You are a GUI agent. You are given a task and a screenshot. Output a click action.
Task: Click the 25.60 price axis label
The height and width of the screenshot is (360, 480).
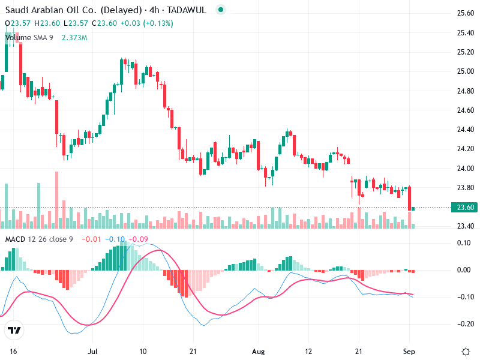pyautogui.click(x=466, y=13)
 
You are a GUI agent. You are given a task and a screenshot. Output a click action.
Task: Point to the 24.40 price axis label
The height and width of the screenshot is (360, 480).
pyautogui.click(x=466, y=129)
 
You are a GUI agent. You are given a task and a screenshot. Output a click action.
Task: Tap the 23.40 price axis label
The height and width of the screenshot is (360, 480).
pyautogui.click(x=466, y=226)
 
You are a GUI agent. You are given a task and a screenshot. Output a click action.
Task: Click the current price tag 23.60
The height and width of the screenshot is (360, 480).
pyautogui.click(x=466, y=208)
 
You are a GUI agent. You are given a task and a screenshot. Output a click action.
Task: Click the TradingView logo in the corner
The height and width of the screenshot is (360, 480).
pyautogui.click(x=14, y=330)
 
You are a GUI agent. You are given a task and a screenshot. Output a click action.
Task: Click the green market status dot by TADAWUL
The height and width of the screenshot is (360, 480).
pyautogui.click(x=221, y=10)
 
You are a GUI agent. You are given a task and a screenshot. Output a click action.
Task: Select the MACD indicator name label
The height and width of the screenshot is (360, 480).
pyautogui.click(x=16, y=239)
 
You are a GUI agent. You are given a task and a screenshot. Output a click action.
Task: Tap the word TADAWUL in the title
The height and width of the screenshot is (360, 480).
pyautogui.click(x=190, y=10)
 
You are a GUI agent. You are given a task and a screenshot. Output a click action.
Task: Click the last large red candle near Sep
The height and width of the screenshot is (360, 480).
pyautogui.click(x=410, y=198)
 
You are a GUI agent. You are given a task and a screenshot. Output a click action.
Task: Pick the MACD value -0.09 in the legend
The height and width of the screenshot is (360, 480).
pyautogui.click(x=139, y=239)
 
